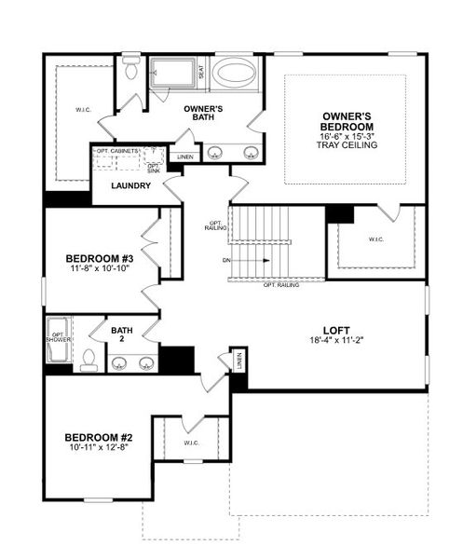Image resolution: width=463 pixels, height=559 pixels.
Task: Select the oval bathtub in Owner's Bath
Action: pos(237,75)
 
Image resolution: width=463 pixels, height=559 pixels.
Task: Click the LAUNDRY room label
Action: pos(130,185)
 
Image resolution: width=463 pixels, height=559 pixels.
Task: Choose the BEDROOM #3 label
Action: pos(100,258)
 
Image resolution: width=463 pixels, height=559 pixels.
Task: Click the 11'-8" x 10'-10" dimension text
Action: pos(100,269)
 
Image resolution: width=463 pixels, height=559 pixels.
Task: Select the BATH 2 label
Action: pos(122,334)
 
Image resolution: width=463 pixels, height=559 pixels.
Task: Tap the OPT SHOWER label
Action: pos(58,335)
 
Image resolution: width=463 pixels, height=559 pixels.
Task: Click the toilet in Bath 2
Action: pos(88,359)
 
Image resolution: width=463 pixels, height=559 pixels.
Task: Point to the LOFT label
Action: pos(335,330)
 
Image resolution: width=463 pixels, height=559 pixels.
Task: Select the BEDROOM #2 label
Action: pos(100,437)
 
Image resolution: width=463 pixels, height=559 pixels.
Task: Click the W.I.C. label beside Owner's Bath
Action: pos(84,111)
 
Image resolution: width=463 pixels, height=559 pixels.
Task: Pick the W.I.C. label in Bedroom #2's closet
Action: pos(193,443)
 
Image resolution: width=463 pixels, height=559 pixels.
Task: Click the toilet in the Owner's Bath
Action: pos(131,71)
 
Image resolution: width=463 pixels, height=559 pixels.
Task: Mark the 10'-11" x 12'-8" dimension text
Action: pos(100,449)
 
